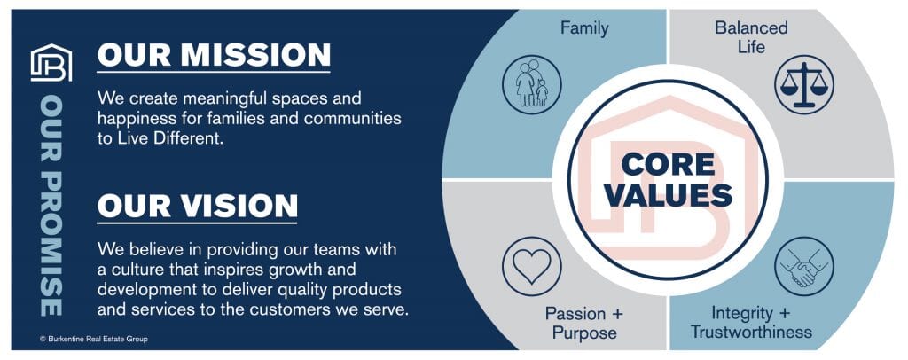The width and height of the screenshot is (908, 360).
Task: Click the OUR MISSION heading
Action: coord(214,54)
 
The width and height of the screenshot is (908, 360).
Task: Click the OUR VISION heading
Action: coord(198,206)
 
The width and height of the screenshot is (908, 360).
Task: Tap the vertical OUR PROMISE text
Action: coord(51,206)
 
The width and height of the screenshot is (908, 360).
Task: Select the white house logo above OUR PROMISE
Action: coord(51,62)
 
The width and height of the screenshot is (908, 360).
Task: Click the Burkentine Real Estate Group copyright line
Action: coord(94,339)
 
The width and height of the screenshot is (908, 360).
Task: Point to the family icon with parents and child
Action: coord(532,84)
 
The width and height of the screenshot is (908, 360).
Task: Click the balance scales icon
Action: coord(803,84)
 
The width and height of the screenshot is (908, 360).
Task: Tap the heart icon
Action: coord(532,266)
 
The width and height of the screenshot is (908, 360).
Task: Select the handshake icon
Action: coord(803,266)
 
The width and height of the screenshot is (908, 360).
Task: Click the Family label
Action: coord(584,27)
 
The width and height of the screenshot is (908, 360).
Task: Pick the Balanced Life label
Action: coord(752,36)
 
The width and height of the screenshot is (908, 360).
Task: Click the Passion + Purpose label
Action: coord(584,323)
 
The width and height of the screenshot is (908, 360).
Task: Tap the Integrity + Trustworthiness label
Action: coord(751,323)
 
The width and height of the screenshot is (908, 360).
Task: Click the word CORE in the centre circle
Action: coord(669,164)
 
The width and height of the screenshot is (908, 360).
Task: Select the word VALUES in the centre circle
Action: coord(669,195)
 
